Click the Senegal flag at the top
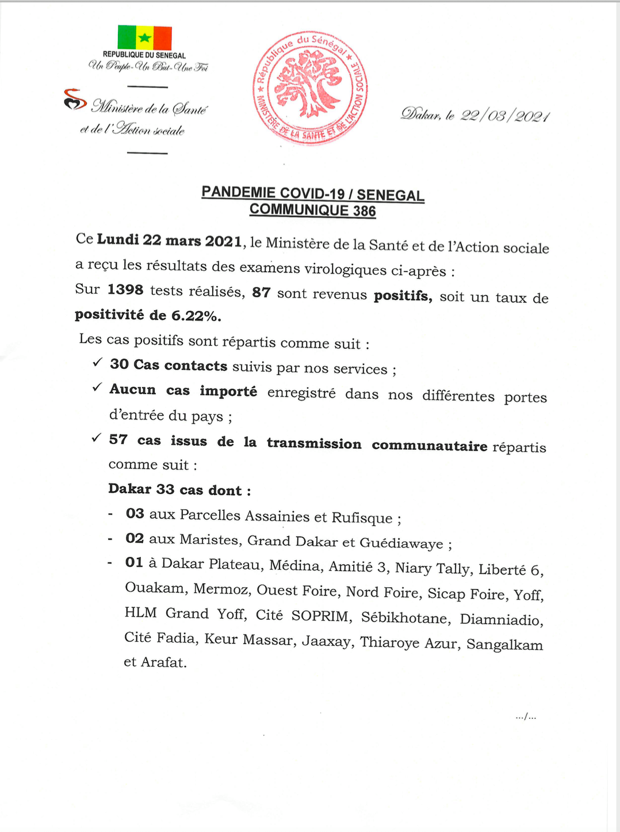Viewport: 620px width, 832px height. [145, 37]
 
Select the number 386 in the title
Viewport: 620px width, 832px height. [365, 211]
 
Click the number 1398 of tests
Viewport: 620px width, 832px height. [125, 290]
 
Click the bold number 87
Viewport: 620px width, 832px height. [261, 292]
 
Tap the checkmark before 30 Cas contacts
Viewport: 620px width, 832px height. [97, 363]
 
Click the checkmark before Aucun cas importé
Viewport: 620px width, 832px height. [97, 388]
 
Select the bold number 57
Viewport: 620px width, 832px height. [118, 440]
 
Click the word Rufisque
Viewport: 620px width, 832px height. [362, 518]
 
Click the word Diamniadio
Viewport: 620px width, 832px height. [500, 619]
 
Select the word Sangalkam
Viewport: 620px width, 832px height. [504, 645]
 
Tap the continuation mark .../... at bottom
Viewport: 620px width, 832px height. [526, 717]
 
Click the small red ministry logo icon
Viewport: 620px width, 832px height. [75, 99]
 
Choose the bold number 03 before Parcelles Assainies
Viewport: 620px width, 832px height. [135, 513]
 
